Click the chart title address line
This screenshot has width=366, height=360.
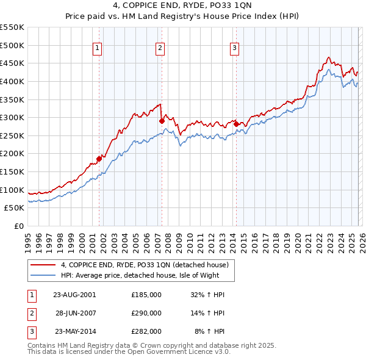click(x=183, y=7)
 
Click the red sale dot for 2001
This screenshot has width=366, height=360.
click(x=99, y=159)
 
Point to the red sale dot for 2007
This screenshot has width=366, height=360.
click(x=162, y=121)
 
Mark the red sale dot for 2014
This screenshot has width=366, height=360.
click(x=235, y=124)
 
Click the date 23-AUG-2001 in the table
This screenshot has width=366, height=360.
click(x=75, y=295)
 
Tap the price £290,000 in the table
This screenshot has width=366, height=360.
click(x=146, y=313)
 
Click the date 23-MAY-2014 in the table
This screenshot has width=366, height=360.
click(x=75, y=331)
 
